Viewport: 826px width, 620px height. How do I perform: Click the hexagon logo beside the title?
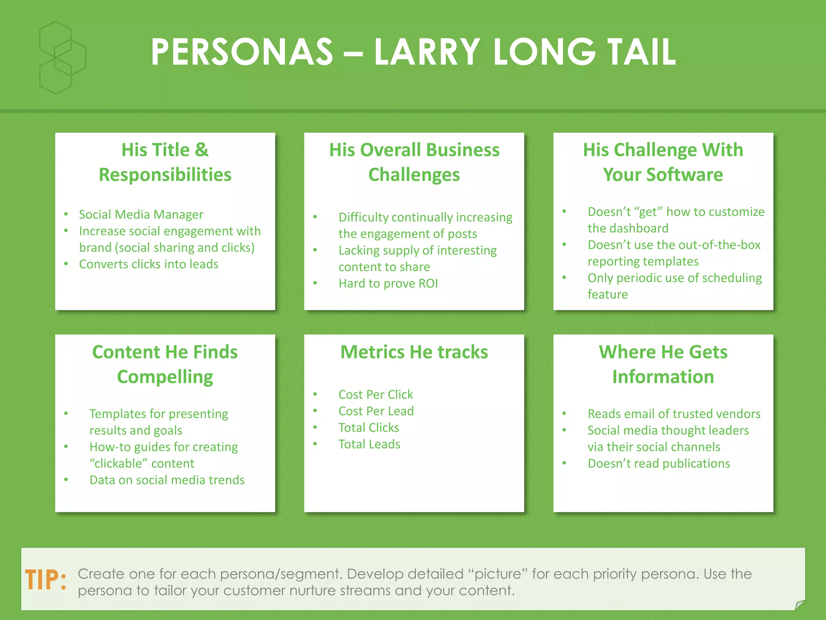coord(62,58)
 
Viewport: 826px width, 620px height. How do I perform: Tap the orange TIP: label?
coord(46,580)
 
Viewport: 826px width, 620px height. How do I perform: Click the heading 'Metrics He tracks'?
coord(414,352)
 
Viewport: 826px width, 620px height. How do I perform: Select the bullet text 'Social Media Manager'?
coord(141,214)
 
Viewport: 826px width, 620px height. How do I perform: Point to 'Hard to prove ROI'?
coord(388,283)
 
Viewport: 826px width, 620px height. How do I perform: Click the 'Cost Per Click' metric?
coord(375,394)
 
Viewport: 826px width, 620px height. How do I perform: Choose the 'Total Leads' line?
coord(369,444)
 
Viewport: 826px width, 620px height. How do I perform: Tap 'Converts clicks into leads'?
coord(148,264)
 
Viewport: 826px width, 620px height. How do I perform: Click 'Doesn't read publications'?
coord(659,463)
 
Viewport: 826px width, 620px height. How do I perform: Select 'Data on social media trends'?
coord(167,480)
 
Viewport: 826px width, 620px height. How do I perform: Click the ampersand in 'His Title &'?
coord(202,150)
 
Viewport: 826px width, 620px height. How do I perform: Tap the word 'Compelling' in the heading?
coord(165,377)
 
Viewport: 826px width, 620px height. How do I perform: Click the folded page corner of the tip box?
coord(799,605)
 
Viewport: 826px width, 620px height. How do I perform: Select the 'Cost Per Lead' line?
coord(376,411)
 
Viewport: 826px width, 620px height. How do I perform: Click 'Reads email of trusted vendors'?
coord(674,414)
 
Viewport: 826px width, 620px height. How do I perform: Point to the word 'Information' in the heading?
coord(663,377)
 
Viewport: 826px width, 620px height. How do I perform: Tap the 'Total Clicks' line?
coord(369,427)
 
